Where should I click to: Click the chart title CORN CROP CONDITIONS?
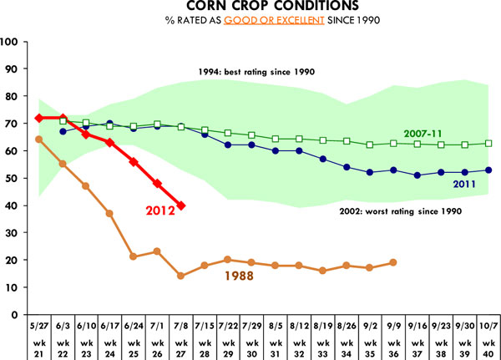coord(250,8)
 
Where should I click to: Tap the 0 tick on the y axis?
coord(18,316)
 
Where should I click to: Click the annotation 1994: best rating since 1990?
coord(254,72)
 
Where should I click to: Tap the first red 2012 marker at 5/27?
coord(39,118)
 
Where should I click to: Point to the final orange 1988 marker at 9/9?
coord(392,262)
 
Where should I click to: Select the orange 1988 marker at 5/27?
coord(39,139)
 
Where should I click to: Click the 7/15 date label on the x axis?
coord(205,325)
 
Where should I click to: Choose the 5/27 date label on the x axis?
coord(39,325)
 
